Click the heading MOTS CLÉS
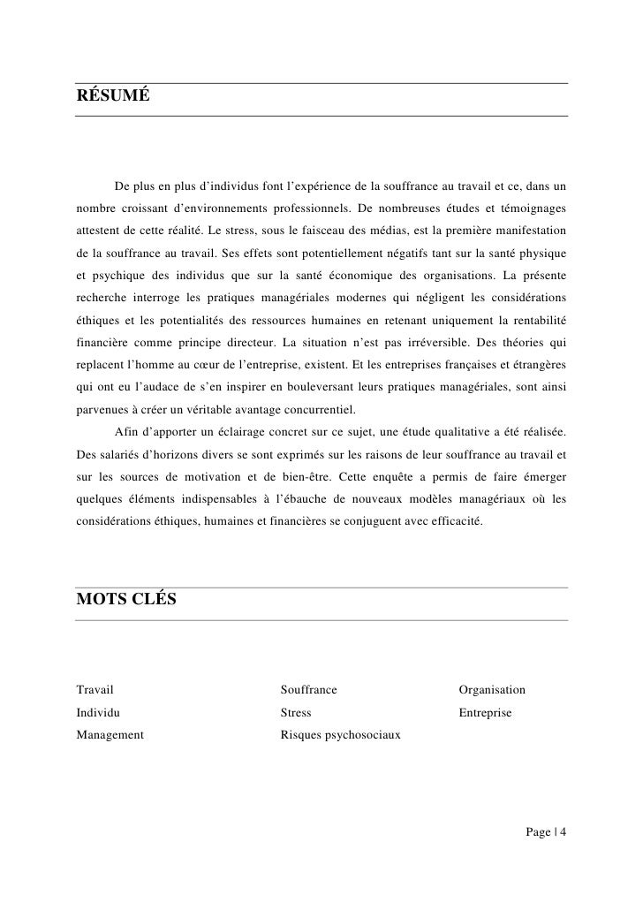point(126,600)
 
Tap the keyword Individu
point(98,711)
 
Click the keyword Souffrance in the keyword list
point(308,689)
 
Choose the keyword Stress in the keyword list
point(295,711)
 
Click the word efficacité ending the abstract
point(454,522)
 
